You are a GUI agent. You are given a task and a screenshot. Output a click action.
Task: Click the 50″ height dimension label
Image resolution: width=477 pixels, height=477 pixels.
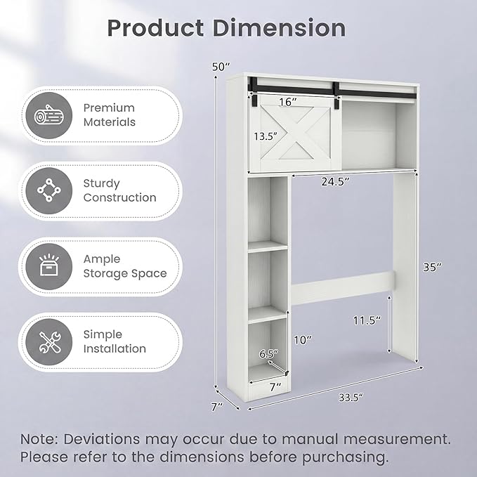pyautogui.click(x=221, y=66)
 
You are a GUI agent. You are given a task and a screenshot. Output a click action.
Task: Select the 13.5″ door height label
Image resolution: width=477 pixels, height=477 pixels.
pyautogui.click(x=266, y=136)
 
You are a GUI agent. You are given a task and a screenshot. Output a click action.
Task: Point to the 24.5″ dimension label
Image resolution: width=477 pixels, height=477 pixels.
pyautogui.click(x=336, y=182)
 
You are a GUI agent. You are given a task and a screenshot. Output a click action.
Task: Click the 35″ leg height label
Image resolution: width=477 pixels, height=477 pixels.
pyautogui.click(x=432, y=267)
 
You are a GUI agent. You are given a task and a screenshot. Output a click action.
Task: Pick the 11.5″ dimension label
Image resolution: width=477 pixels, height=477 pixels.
pyautogui.click(x=367, y=320)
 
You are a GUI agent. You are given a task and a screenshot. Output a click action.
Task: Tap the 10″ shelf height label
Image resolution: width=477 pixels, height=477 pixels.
pyautogui.click(x=303, y=339)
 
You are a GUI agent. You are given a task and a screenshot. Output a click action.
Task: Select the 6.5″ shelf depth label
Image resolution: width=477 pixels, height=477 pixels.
pyautogui.click(x=269, y=354)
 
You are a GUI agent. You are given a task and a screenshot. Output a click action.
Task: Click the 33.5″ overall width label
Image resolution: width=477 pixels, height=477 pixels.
pyautogui.click(x=351, y=398)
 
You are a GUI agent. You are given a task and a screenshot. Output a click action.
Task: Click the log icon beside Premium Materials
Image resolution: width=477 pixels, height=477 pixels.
pyautogui.click(x=49, y=115)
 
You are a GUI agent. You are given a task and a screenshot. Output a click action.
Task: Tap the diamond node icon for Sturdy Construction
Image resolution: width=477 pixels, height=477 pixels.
pyautogui.click(x=49, y=190)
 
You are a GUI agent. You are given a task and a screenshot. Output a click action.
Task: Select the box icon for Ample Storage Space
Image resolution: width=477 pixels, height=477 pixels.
pyautogui.click(x=49, y=266)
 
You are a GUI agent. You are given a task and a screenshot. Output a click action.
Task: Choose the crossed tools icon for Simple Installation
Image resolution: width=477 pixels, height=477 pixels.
pyautogui.click(x=49, y=343)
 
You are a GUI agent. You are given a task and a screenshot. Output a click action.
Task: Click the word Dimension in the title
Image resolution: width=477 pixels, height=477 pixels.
pyautogui.click(x=280, y=28)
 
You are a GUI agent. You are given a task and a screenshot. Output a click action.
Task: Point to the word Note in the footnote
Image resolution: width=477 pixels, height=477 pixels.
pyautogui.click(x=39, y=439)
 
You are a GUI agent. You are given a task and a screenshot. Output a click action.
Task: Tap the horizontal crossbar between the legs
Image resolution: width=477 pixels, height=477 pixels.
pyautogui.click(x=343, y=288)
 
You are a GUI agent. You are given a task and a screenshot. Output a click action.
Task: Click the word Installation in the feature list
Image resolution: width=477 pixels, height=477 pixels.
pyautogui.click(x=115, y=348)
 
